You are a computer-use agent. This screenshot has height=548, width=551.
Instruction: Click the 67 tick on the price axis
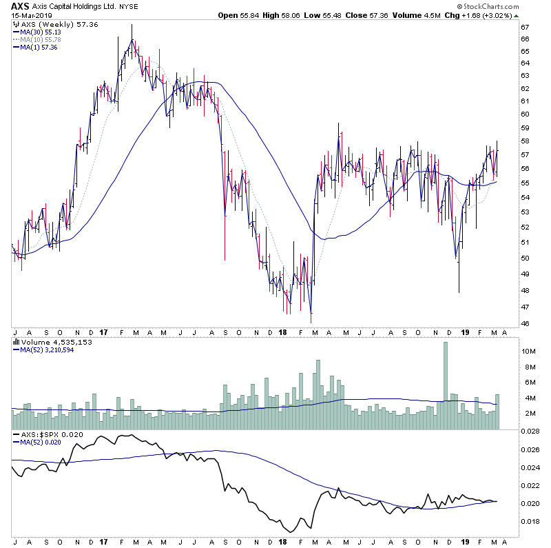[x=525, y=28]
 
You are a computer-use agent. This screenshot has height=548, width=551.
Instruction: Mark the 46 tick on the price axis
[x=525, y=324]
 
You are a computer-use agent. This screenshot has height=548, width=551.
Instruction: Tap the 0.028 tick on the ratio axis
[x=530, y=431]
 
